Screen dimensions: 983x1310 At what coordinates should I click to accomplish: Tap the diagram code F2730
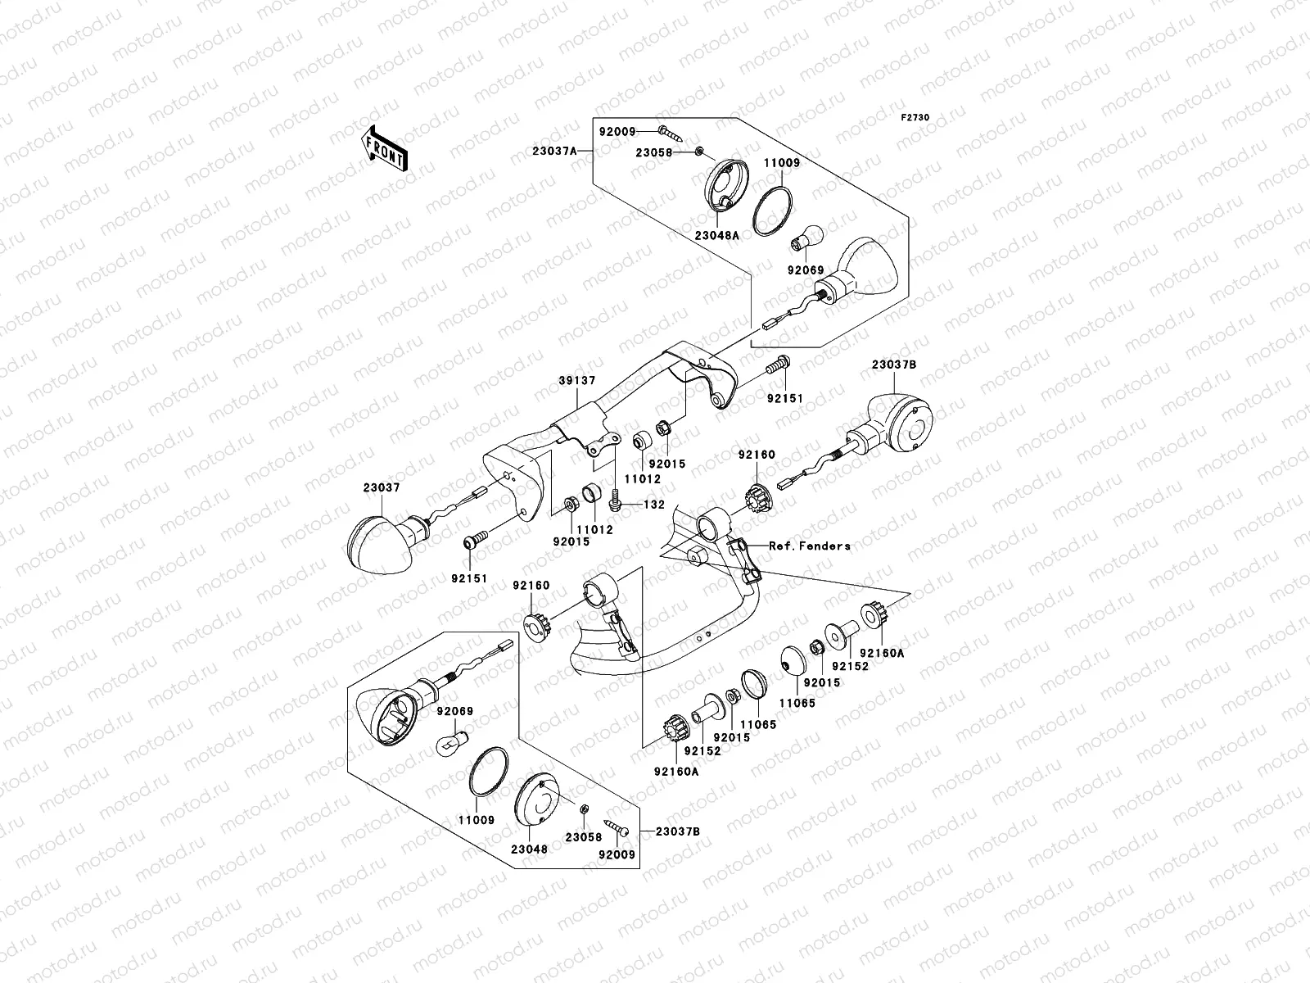(x=915, y=118)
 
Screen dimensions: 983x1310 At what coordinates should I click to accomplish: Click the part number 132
(x=653, y=505)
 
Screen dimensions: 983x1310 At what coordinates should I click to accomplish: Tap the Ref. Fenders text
(x=809, y=546)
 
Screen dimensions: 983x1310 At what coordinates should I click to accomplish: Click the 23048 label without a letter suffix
(x=531, y=849)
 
